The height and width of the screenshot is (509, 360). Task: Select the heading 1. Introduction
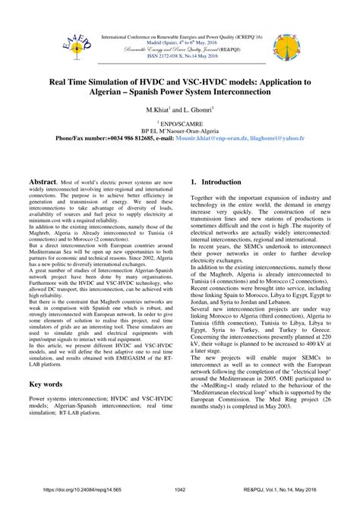pyautogui.click(x=222, y=184)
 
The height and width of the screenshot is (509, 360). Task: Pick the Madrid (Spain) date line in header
pyautogui.click(x=179, y=43)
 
